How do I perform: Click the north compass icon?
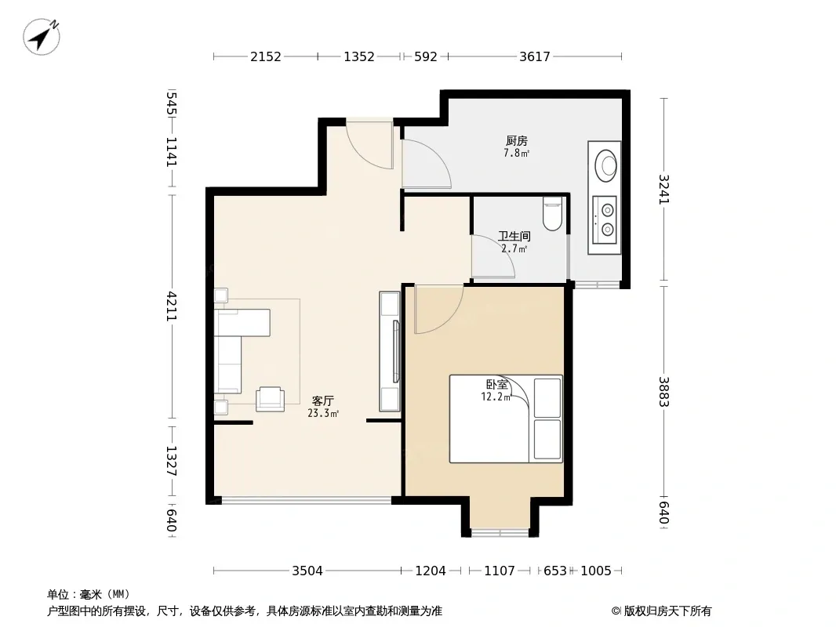point(42,36)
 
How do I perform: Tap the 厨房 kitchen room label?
point(517,140)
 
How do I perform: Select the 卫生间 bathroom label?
point(514,236)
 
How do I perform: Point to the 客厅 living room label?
point(323,400)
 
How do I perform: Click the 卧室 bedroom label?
point(496,384)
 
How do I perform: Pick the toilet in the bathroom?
point(552,214)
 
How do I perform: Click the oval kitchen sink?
point(605,165)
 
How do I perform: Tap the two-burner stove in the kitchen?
point(605,220)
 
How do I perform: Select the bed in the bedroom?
point(506,419)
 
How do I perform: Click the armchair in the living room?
point(270,399)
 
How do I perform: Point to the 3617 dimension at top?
point(535,56)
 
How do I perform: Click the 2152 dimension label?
point(266,56)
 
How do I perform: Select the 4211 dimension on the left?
point(171,306)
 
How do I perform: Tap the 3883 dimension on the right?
point(663,392)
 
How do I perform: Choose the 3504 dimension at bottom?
point(307,571)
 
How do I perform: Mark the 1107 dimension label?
point(500,571)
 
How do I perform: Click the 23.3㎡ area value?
point(323,413)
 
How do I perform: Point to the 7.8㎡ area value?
point(517,153)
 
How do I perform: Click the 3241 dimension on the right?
point(663,189)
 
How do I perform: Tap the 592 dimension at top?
point(426,56)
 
